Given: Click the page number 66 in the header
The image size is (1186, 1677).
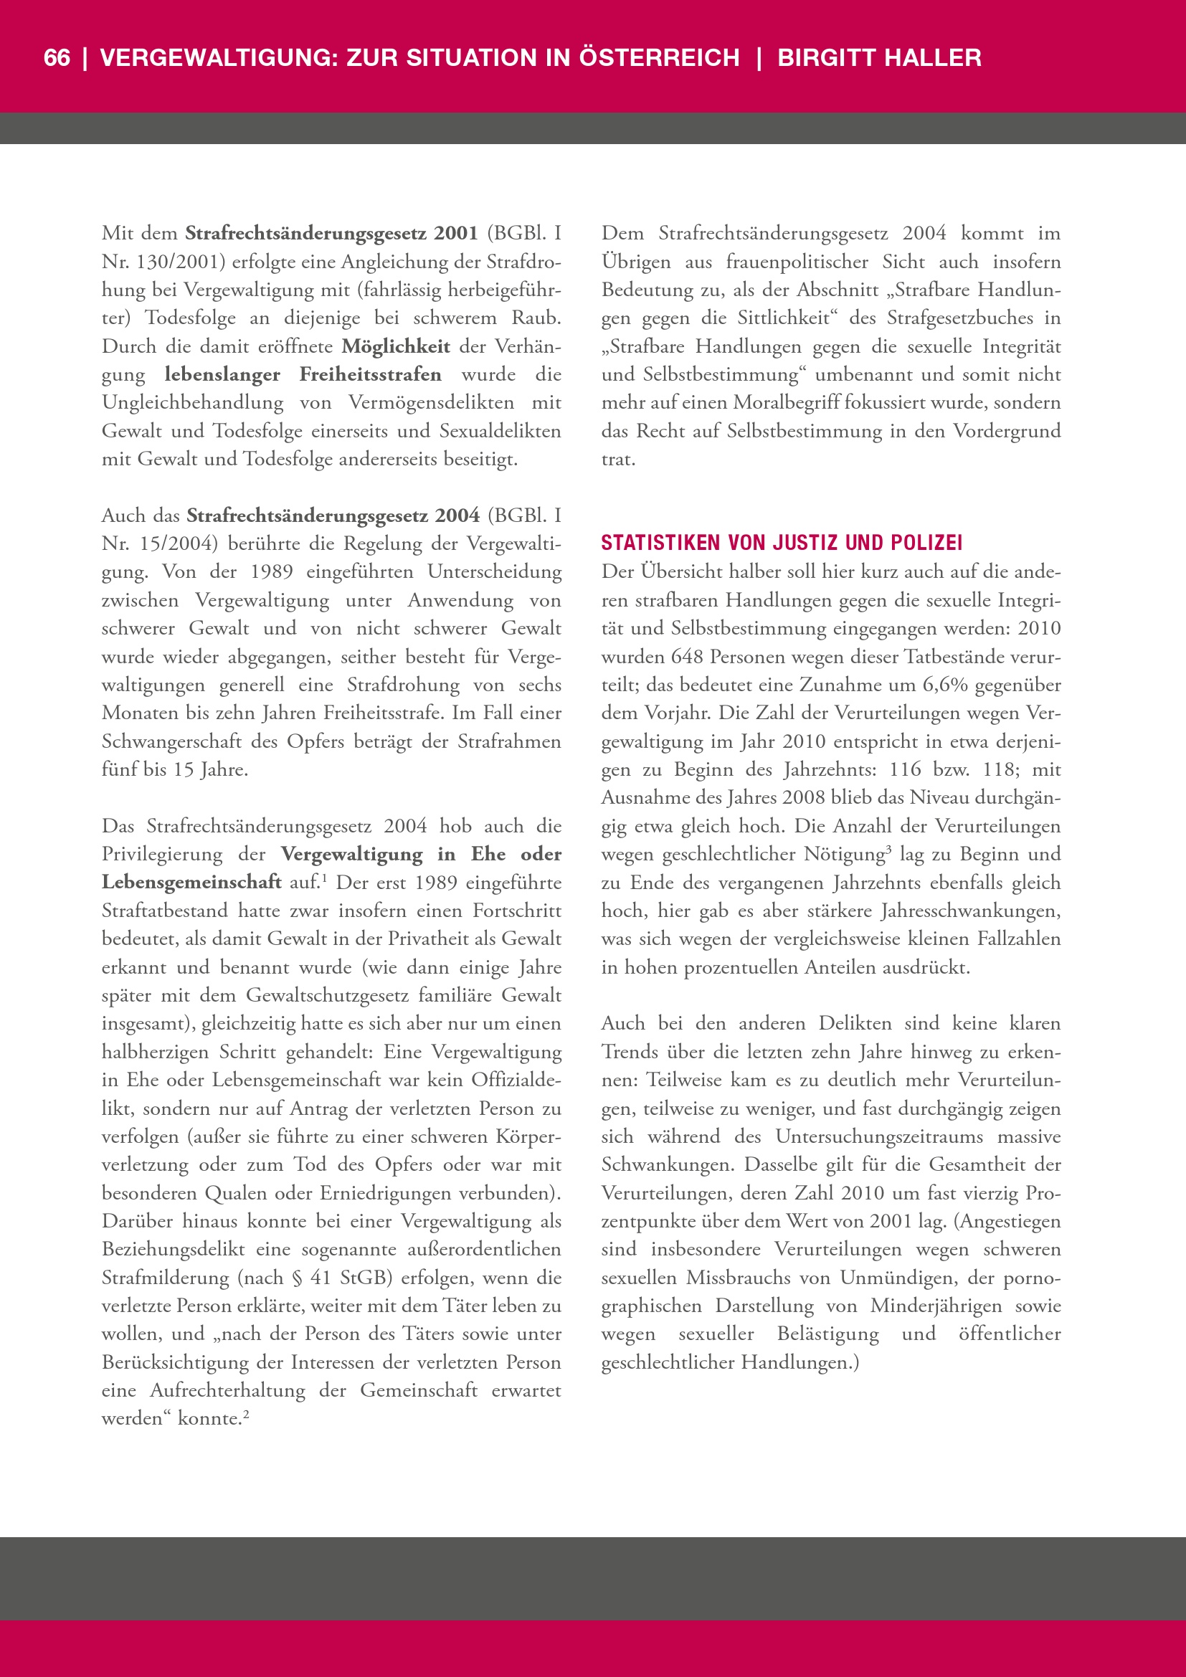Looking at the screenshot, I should (57, 57).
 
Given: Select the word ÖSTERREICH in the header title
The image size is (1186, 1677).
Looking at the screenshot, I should (659, 57).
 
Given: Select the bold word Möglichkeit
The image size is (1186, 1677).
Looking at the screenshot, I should (396, 346).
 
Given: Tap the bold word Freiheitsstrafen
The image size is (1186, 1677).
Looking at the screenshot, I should (370, 375).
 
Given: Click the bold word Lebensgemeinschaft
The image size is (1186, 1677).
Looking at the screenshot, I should (191, 883).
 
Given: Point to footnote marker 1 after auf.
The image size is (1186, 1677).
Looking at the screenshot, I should (323, 877).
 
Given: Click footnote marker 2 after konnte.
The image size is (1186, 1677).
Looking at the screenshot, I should (246, 1412).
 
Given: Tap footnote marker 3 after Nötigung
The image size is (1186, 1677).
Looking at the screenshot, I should (888, 849).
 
